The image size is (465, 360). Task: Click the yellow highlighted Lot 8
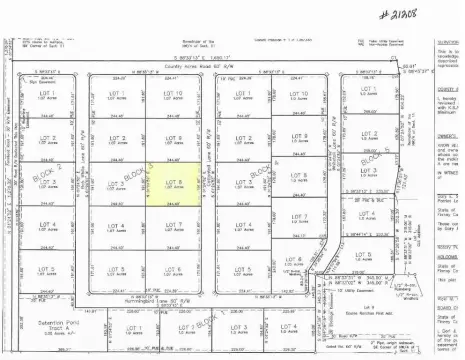[x=172, y=184]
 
